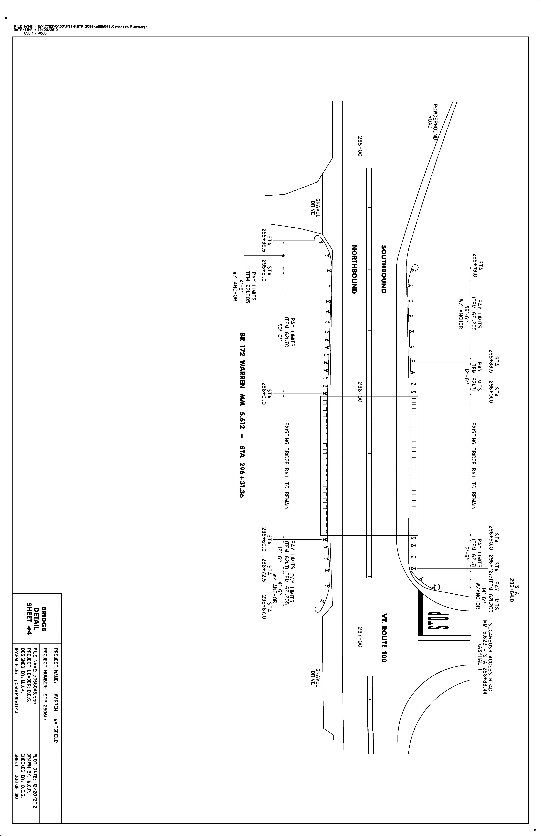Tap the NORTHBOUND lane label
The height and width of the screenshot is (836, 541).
pyautogui.click(x=354, y=269)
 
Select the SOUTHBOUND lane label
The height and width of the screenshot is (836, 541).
pyautogui.click(x=384, y=269)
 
